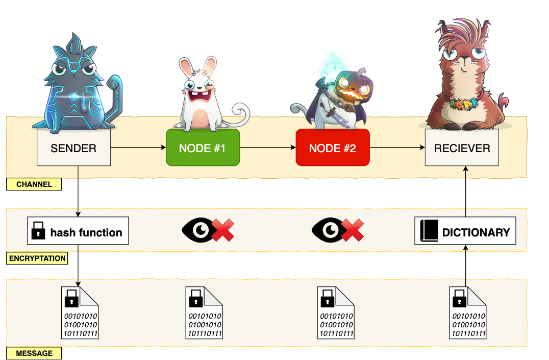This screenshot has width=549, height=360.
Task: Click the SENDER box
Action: [x=73, y=148]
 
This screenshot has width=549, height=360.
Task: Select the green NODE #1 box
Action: [x=203, y=148]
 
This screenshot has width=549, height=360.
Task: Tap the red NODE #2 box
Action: [x=332, y=148]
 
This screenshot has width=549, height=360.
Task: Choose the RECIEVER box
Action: [x=462, y=148]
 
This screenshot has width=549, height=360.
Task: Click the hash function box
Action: [x=78, y=232]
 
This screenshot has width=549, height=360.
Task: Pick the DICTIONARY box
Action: [x=465, y=232]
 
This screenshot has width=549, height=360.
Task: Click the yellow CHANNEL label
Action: [x=34, y=184]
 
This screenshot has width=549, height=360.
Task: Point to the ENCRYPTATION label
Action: [x=37, y=258]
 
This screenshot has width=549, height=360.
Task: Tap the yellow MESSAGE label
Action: [x=34, y=353]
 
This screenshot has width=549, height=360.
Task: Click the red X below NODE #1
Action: [x=222, y=230]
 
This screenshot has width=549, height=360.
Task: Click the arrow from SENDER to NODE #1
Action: [x=138, y=148]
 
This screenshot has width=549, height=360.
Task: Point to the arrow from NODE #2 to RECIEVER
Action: [x=397, y=148]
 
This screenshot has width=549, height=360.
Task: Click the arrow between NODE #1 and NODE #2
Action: [x=267, y=148]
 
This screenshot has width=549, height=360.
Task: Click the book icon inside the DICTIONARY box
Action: [x=429, y=231]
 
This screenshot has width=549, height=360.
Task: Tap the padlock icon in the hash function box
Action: [x=38, y=232]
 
